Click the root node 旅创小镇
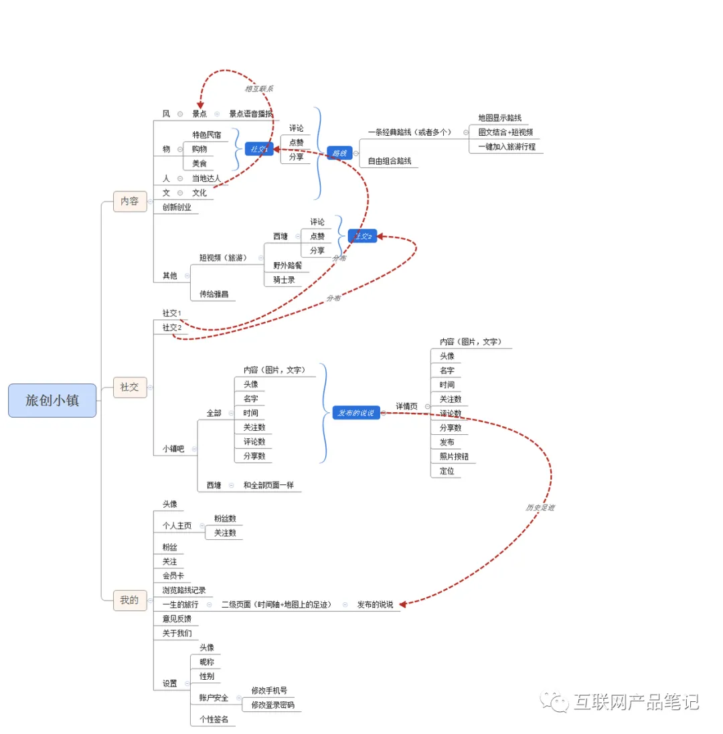[52, 401]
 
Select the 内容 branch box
[129, 201]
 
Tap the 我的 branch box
[129, 600]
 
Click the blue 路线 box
[339, 153]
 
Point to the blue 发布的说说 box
[356, 413]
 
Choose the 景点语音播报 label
[251, 114]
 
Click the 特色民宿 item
[206, 134]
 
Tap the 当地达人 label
[206, 178]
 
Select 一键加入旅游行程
[507, 147]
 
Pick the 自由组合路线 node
[390, 161]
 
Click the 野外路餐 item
[287, 265]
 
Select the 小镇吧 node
[173, 449]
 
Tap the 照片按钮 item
[453, 456]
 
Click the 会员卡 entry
[173, 575]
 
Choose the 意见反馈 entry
[177, 619]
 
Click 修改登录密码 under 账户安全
[272, 705]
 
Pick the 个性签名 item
[214, 719]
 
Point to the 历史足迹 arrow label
[540, 508]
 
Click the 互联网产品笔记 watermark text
[635, 702]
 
